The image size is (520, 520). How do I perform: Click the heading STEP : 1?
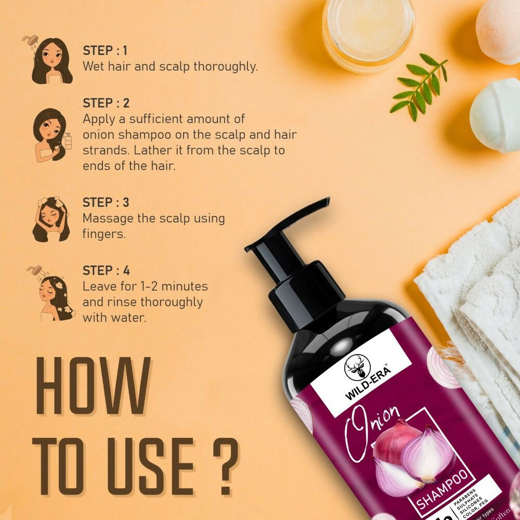click(105, 51)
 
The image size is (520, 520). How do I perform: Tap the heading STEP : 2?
click(106, 103)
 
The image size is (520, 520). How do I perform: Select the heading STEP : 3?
click(106, 202)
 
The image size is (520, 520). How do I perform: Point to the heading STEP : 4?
click(106, 270)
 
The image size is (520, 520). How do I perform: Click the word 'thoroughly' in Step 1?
click(226, 67)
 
